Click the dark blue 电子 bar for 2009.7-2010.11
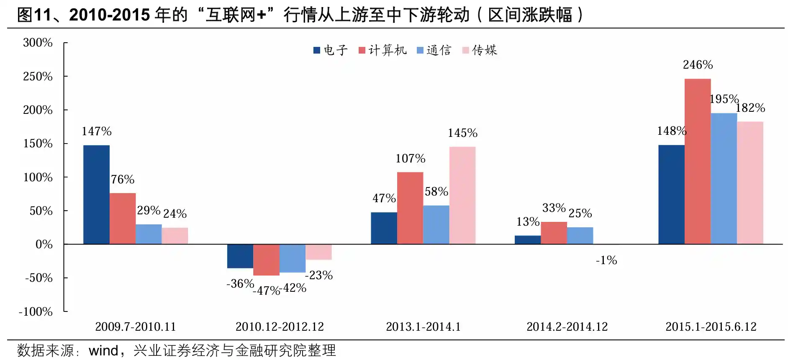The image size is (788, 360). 96,195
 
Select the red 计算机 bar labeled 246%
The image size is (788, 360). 698,161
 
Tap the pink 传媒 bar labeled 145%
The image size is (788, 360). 462,195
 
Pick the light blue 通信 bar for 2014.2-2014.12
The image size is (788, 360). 580,236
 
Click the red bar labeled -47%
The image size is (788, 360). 266,260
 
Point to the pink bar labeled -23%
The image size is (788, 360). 318,252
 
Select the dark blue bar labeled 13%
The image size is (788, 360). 528,240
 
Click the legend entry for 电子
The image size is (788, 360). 331,50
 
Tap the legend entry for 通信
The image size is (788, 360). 434,50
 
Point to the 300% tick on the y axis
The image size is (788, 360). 38,43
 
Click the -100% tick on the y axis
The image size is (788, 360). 36,312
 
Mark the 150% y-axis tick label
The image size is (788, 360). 38,144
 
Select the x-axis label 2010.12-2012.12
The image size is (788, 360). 280,327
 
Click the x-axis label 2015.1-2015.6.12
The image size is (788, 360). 711,327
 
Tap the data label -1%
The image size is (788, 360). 606,260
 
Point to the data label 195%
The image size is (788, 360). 724,99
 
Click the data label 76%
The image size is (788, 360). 123,180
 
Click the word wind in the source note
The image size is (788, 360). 103,350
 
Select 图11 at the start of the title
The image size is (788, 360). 34,15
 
